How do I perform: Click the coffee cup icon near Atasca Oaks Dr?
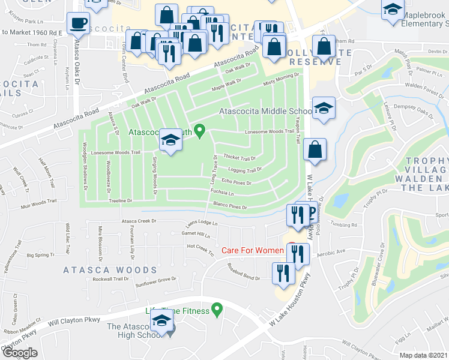click(x=77, y=23)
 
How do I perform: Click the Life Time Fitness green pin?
click(x=218, y=310)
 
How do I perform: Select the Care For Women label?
click(x=253, y=250)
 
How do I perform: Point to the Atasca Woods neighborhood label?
click(x=106, y=271)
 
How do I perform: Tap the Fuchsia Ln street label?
click(x=221, y=193)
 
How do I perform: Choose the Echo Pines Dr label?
click(x=235, y=181)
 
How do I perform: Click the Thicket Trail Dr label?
click(x=240, y=158)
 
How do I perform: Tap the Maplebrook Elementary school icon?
click(x=393, y=10)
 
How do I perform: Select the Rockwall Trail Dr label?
click(x=110, y=278)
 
